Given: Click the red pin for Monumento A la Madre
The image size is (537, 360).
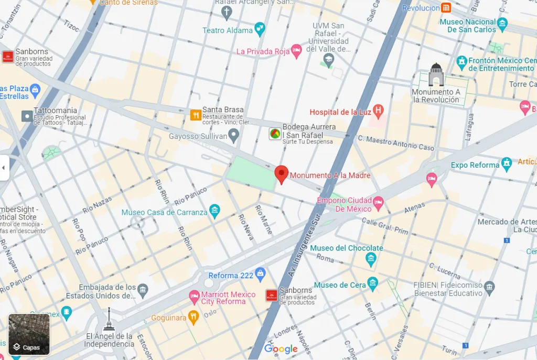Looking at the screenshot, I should click(x=282, y=174).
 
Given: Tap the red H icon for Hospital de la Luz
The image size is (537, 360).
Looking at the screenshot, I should click(x=378, y=111).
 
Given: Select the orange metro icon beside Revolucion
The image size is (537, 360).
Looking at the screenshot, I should click(x=446, y=8).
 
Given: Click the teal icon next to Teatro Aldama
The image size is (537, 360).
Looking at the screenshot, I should click(x=260, y=30).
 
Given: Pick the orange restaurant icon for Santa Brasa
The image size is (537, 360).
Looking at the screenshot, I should click(x=196, y=115).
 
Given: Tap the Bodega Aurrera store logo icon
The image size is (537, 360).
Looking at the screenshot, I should click(x=274, y=134).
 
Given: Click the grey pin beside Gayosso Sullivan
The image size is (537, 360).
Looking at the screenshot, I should click(x=234, y=136).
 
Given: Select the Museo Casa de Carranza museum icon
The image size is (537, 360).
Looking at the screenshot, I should click(x=214, y=211).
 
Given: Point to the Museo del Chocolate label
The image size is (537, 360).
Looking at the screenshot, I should click(x=346, y=248).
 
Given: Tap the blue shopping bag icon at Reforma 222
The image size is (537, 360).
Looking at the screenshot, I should click(x=260, y=275).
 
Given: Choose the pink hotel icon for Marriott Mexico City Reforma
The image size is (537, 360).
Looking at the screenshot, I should click(x=194, y=298).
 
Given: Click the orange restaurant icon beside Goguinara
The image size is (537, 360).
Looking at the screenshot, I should click(x=194, y=317).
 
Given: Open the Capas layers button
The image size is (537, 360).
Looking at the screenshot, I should click(x=29, y=334).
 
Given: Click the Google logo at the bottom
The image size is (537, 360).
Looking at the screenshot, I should click(x=281, y=349).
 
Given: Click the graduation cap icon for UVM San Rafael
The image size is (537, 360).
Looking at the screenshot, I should click(x=328, y=61).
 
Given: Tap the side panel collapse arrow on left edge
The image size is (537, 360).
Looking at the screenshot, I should click(x=4, y=168).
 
